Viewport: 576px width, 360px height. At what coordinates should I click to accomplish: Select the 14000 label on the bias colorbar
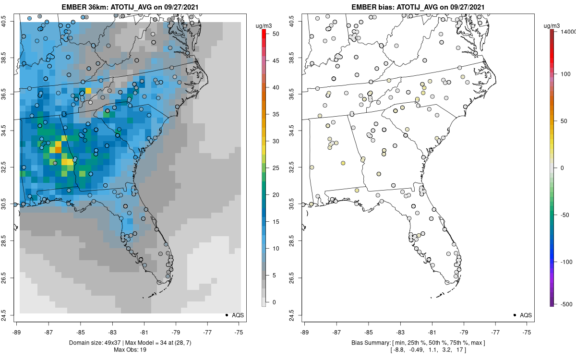[x=568, y=31]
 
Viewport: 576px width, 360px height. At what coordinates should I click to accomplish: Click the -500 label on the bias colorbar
[x=565, y=304]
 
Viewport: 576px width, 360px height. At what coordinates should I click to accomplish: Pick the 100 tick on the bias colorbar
[x=565, y=74]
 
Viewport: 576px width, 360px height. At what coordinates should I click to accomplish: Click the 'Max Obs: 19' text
[x=130, y=349]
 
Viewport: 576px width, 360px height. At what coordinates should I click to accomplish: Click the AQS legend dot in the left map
[x=227, y=315]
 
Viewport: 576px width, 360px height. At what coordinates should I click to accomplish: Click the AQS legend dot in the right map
[x=515, y=315]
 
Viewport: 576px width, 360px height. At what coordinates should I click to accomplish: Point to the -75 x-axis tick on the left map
[x=240, y=331]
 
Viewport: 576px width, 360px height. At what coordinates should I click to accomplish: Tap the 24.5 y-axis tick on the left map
[x=10, y=315]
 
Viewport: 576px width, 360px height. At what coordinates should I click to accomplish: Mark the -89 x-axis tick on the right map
[x=305, y=331]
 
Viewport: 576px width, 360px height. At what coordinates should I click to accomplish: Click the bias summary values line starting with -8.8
[x=416, y=349]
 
